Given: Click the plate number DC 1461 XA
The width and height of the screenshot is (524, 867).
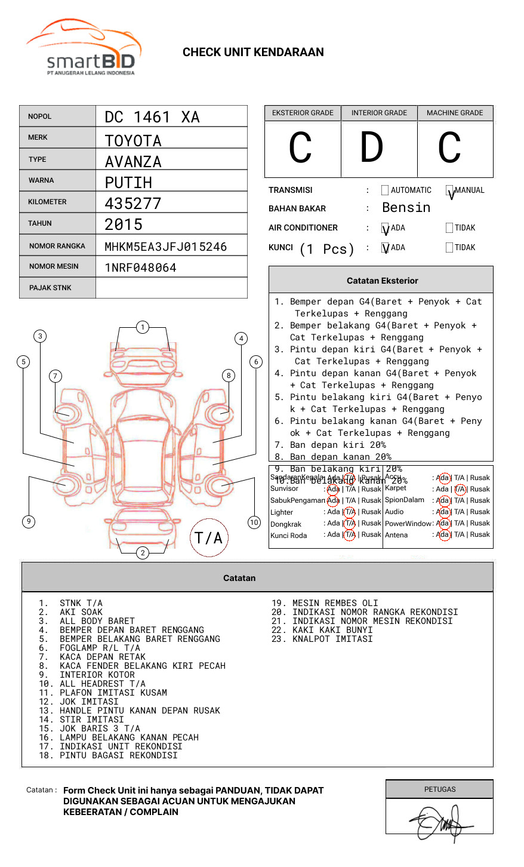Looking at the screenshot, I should [x=152, y=117].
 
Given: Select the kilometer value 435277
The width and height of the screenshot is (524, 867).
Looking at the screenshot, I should [x=133, y=204].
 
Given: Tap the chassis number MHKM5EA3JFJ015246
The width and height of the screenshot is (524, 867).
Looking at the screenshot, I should [x=165, y=247].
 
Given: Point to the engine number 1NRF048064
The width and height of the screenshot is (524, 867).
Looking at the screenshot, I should [x=140, y=268].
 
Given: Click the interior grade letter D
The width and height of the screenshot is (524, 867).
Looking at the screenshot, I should [x=371, y=148].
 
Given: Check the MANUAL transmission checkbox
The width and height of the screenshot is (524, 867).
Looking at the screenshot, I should [x=449, y=190].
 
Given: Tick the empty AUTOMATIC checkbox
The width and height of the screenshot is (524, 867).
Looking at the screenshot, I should [x=385, y=190].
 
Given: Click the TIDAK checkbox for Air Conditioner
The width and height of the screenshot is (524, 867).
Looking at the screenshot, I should [x=449, y=227].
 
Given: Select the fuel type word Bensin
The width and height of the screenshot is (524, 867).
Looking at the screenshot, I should [x=406, y=208].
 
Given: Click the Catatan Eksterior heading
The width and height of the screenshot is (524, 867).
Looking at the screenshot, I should [x=382, y=281].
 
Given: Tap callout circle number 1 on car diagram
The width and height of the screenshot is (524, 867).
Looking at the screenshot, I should [x=142, y=327].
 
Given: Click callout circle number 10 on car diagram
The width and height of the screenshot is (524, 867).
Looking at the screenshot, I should [x=254, y=522].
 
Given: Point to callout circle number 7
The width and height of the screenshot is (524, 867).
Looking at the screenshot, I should [x=55, y=376].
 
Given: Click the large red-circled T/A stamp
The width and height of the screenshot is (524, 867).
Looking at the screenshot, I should [x=209, y=538].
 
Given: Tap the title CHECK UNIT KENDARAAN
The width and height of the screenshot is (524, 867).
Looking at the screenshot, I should [x=253, y=53].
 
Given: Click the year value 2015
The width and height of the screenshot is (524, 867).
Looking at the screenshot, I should [x=124, y=225].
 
